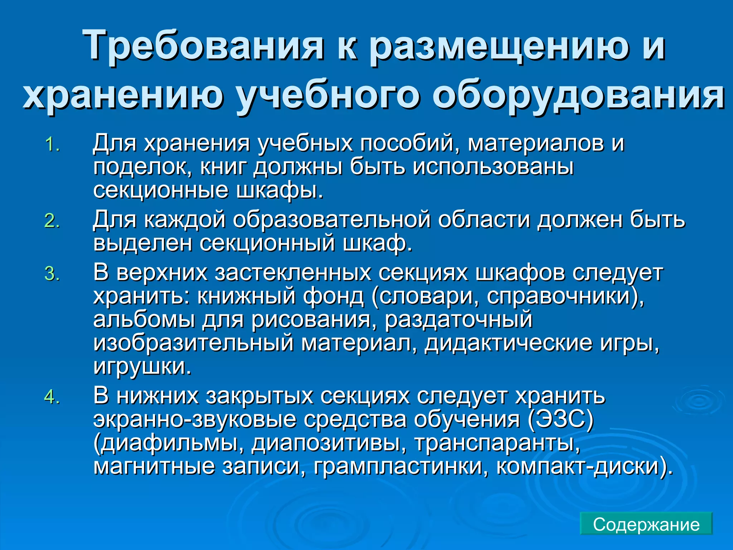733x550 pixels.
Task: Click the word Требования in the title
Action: (202, 46)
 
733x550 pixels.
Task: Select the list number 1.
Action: (52, 145)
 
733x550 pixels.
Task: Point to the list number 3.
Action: (52, 274)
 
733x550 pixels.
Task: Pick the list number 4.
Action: (52, 397)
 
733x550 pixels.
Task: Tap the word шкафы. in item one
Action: (280, 190)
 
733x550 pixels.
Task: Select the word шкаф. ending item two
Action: (378, 243)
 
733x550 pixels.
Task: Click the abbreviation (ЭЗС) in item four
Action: (560, 419)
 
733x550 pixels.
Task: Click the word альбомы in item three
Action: (144, 319)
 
